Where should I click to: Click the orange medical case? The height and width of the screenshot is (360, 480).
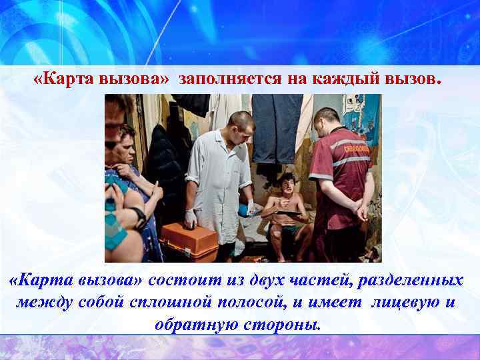189,242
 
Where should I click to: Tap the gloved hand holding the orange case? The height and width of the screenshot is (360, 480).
191,218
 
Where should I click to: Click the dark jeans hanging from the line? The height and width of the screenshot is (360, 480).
276,127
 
